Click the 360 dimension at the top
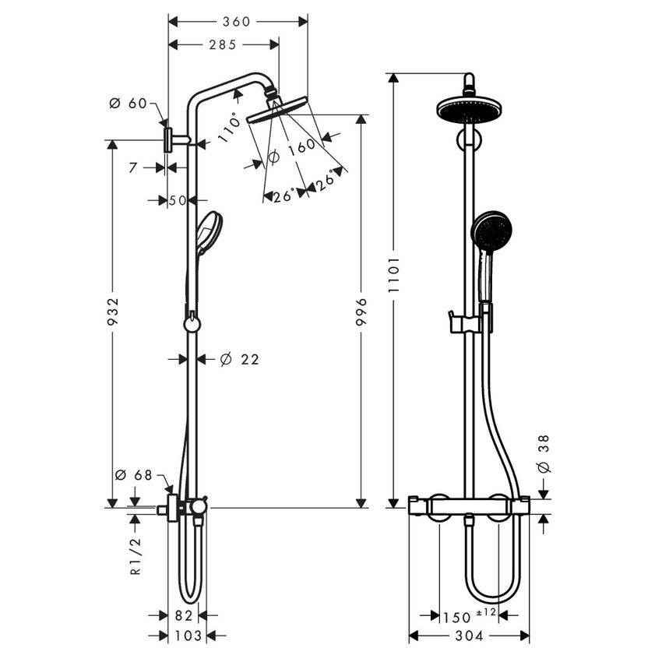pyautogui.click(x=236, y=22)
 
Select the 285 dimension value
pyautogui.click(x=222, y=44)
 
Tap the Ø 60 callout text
pyautogui.click(x=129, y=104)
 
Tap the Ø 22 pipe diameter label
pyautogui.click(x=239, y=359)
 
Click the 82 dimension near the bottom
pyautogui.click(x=184, y=616)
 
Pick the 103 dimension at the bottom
pyautogui.click(x=187, y=636)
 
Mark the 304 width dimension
pyautogui.click(x=469, y=636)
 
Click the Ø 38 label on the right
pyautogui.click(x=544, y=456)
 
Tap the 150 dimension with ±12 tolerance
pyautogui.click(x=460, y=616)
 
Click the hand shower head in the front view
pyautogui.click(x=491, y=230)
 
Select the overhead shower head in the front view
pyautogui.click(x=468, y=108)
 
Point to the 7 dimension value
pyautogui.click(x=133, y=167)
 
